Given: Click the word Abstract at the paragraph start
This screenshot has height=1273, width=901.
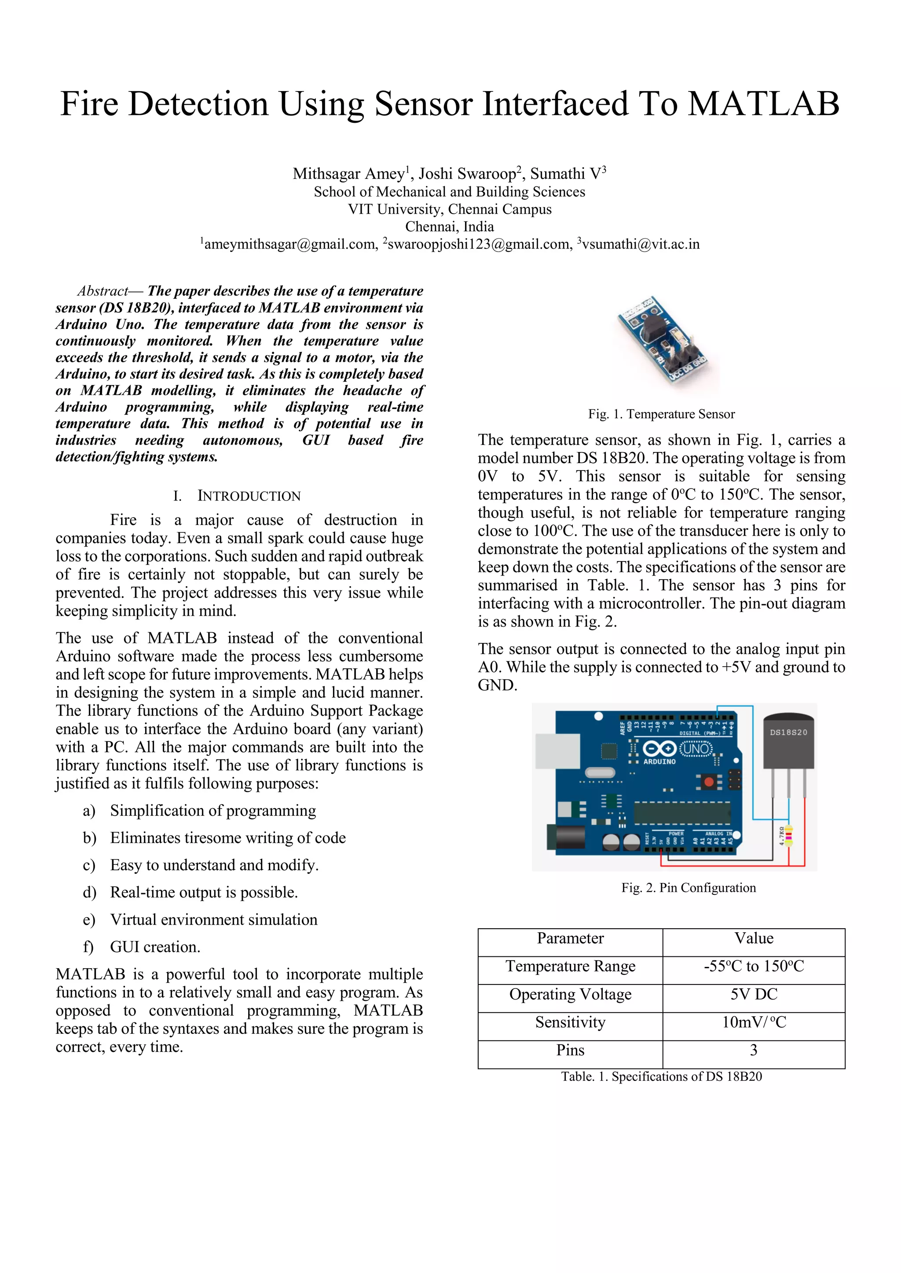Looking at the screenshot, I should [103, 291].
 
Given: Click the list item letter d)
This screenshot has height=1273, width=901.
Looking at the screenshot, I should [89, 892].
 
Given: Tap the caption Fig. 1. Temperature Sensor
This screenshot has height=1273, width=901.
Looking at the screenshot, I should [661, 414].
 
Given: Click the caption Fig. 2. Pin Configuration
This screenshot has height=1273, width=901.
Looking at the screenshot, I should [688, 888].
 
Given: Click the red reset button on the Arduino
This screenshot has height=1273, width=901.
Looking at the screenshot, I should [708, 782].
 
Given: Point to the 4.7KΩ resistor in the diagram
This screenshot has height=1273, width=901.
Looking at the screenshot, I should [788, 835].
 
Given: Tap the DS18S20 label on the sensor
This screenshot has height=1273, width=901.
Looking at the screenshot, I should [788, 733].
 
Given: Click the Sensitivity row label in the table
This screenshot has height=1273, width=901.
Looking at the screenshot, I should [570, 1022].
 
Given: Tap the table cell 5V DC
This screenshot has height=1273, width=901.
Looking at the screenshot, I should [754, 994].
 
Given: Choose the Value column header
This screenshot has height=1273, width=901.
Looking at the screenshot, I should [754, 938].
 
